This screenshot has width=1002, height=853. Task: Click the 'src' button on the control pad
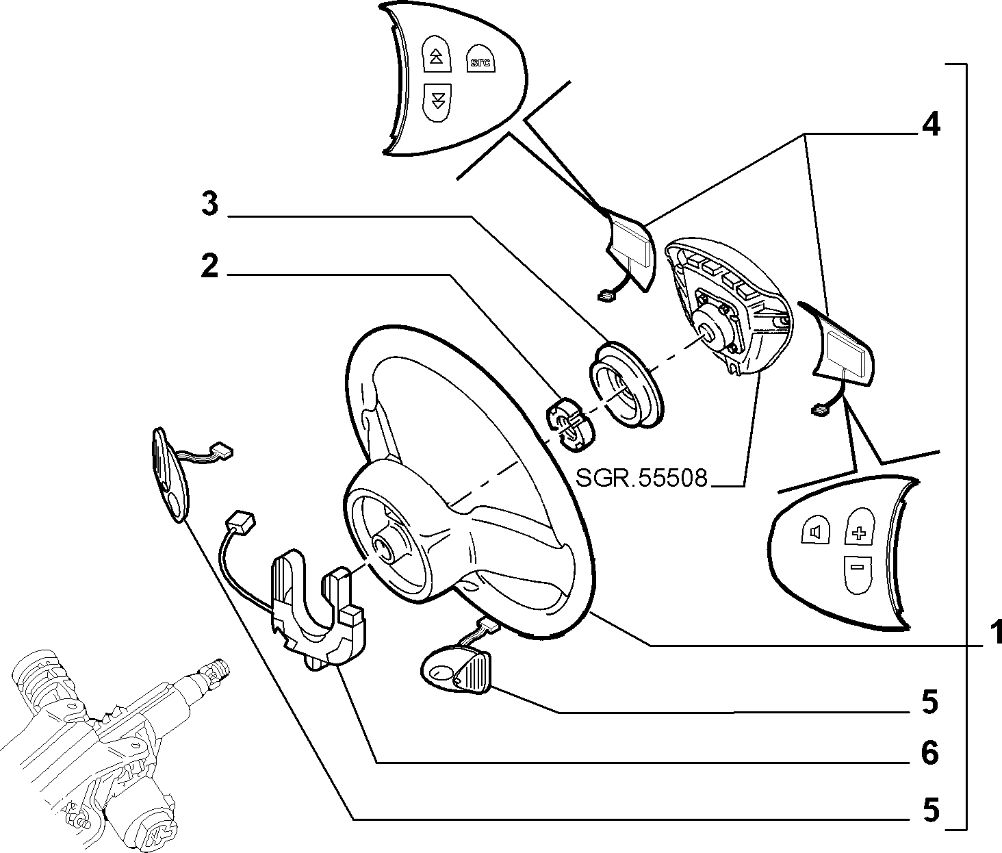(x=480, y=59)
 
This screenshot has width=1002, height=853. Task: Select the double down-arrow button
(x=437, y=103)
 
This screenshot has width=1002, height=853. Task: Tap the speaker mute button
(x=815, y=532)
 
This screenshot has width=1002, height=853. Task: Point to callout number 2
(x=209, y=265)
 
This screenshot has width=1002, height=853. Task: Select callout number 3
(x=210, y=203)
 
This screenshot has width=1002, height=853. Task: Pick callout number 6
(x=929, y=753)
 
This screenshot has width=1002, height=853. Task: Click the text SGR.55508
(x=641, y=478)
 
